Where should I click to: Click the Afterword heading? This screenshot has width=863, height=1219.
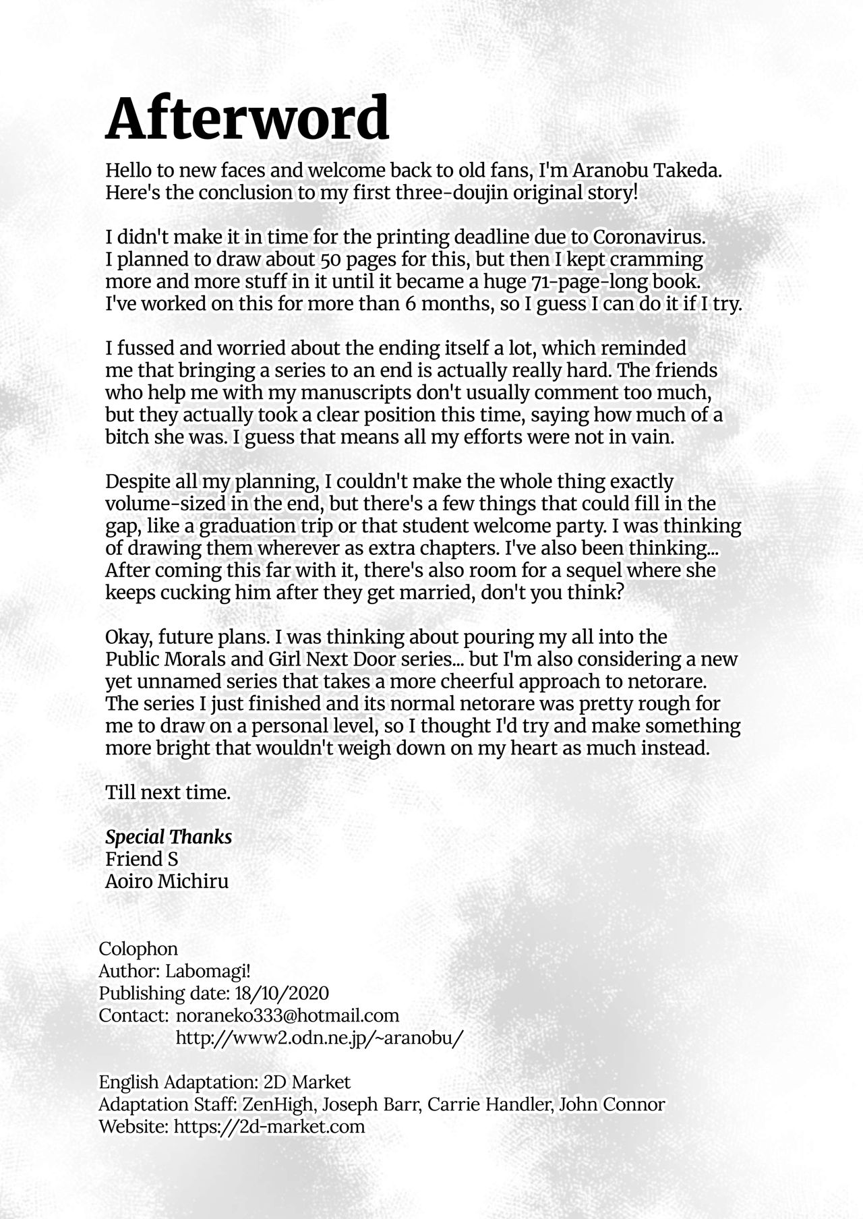coord(247,119)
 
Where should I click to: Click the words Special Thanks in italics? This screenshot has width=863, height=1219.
coord(169,837)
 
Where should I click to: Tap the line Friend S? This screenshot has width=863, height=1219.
coord(142,860)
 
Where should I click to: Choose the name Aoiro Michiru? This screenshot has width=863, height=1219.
coord(167,881)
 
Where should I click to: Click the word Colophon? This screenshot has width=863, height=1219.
coord(138,949)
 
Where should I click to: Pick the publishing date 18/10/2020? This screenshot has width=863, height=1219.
coord(282,993)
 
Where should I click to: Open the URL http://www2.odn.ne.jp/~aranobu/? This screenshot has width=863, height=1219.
coord(320,1038)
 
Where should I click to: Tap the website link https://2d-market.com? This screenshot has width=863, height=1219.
coord(269,1126)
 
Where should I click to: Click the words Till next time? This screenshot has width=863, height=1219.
coord(168,793)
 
